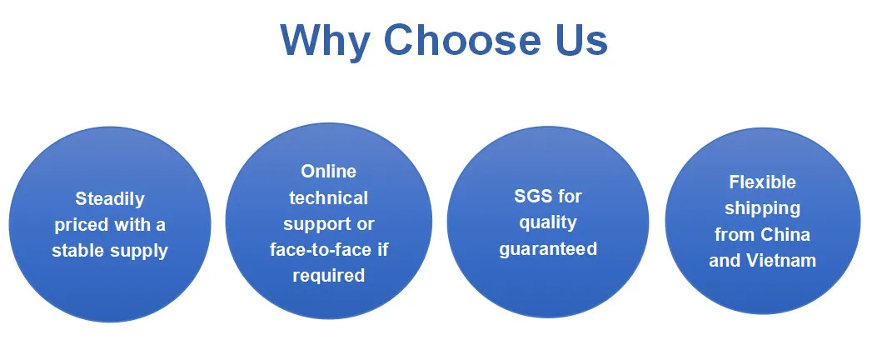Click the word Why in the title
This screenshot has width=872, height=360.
[326, 41]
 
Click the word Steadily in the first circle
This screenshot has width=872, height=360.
[110, 199]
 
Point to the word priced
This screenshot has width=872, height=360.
[81, 225]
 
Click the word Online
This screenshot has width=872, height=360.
[328, 172]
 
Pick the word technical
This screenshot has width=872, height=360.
[328, 197]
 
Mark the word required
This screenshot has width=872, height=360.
[329, 276]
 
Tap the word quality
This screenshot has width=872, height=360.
[548, 223]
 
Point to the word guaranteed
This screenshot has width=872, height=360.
[548, 248]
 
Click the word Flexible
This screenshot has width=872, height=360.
[762, 182]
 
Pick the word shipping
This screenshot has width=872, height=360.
[762, 209]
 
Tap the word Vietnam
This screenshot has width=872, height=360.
[780, 260]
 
